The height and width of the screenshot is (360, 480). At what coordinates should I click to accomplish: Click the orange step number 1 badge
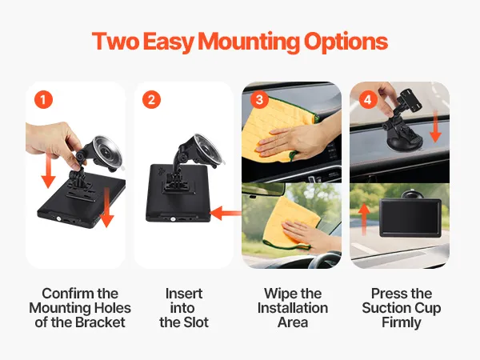[43, 100]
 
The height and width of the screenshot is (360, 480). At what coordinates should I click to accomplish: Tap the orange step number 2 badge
[151, 100]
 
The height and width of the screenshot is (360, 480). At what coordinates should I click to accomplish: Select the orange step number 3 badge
[259, 100]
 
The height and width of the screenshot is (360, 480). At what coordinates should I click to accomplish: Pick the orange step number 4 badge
[368, 100]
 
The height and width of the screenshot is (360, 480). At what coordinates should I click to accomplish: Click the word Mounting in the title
[249, 42]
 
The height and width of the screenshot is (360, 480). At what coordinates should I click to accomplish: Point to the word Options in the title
[346, 42]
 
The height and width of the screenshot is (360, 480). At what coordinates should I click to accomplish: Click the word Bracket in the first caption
[100, 322]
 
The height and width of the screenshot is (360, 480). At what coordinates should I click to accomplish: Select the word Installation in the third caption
[293, 308]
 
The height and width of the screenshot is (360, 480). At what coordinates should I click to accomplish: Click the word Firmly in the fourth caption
[402, 323]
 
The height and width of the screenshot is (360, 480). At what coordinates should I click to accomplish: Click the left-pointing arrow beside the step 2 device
[226, 213]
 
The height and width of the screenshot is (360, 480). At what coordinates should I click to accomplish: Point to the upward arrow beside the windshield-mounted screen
[364, 219]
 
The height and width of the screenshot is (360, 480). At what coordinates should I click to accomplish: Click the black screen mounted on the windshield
[410, 218]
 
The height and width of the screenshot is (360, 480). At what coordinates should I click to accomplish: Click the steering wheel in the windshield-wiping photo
[325, 260]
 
